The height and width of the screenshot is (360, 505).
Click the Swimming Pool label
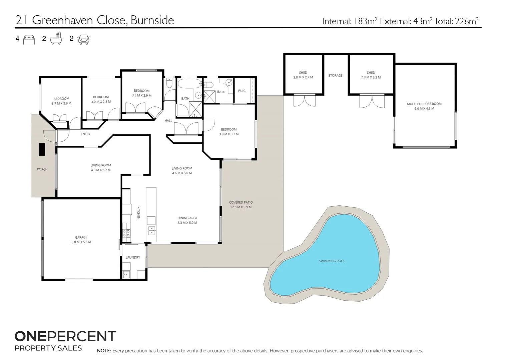(332, 261)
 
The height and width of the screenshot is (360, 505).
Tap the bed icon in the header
(29, 39)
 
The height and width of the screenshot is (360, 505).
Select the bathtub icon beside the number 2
(56, 39)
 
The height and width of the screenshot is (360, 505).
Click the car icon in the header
(84, 39)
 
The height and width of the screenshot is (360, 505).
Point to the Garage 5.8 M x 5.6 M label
(81, 240)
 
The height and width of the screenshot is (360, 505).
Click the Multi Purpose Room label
(424, 106)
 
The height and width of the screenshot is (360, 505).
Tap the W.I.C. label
(242, 91)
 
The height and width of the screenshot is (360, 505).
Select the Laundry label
(133, 257)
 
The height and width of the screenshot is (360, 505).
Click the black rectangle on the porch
(42, 149)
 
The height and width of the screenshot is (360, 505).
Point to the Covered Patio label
(241, 205)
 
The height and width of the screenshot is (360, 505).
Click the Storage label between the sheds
(335, 76)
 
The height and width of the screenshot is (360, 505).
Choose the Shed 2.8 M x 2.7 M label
(303, 75)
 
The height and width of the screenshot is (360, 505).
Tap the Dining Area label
(187, 220)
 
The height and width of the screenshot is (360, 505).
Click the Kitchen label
(138, 213)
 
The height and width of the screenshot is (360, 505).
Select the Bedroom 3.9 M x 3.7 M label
(229, 132)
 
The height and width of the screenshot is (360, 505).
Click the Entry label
(85, 134)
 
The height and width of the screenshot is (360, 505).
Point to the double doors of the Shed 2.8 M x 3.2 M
(372, 101)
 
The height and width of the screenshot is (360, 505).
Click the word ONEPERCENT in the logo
(65, 336)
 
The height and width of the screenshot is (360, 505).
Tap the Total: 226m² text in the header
(457, 21)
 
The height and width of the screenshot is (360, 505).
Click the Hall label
(168, 120)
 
